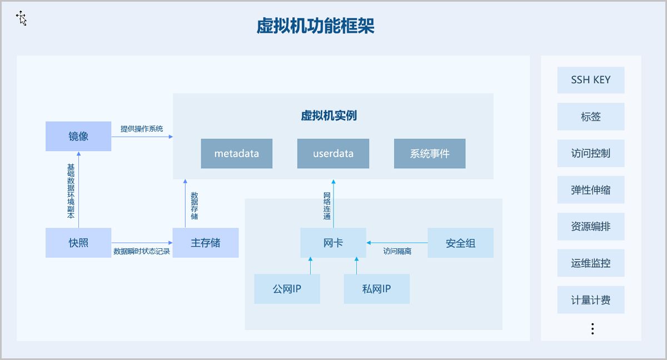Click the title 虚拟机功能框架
click(315, 26)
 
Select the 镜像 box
click(78, 136)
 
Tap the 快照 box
click(78, 243)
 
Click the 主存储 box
click(206, 243)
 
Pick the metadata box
click(237, 153)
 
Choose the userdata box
click(333, 153)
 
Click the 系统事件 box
click(430, 153)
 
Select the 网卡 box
click(333, 243)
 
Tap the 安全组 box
click(460, 243)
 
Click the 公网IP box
click(287, 289)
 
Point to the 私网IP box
click(376, 289)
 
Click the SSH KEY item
click(591, 80)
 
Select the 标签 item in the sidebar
click(591, 117)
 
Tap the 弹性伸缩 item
click(591, 189)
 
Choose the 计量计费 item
click(591, 300)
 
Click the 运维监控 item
click(591, 263)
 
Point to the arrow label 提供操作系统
click(142, 129)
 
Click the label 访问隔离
click(397, 251)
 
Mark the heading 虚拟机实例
click(328, 116)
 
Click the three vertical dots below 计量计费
click(593, 328)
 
